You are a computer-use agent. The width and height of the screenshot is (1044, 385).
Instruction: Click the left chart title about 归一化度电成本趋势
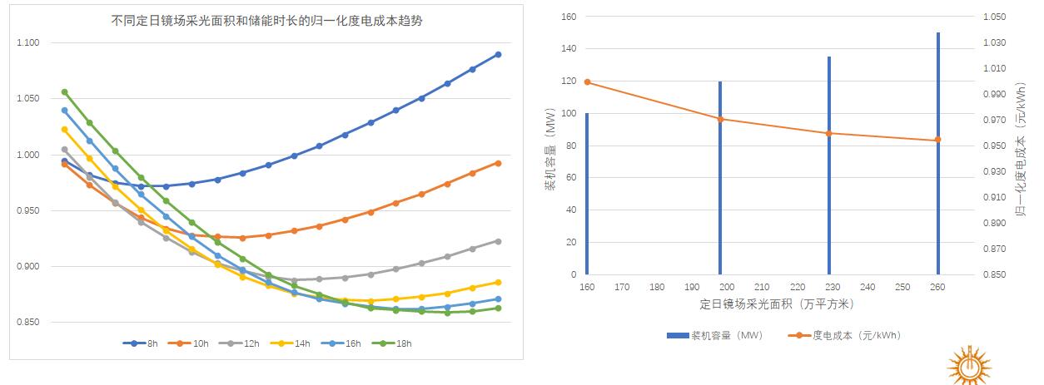266,22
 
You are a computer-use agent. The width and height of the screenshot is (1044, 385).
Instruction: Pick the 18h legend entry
394,343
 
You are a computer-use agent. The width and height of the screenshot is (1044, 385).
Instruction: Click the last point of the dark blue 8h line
498,55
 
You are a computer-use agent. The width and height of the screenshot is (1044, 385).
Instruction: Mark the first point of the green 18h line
64,92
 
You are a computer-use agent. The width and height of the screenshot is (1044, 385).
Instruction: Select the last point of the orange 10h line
498,163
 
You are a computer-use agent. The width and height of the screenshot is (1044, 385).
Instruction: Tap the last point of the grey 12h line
498,241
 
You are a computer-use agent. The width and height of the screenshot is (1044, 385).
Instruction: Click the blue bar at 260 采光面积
937,154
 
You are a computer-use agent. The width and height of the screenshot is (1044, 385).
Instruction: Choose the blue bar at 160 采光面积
587,194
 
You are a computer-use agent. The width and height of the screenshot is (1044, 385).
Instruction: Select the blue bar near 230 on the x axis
828,165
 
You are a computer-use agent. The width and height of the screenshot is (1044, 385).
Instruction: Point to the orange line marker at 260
937,140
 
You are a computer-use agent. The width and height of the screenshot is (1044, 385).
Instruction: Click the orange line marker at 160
587,81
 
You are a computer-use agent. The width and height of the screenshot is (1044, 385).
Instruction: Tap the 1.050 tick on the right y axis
996,17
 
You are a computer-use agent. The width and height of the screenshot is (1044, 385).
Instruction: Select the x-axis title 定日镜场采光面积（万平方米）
777,305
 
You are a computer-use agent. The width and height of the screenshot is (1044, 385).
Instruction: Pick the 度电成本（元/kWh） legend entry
845,335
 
